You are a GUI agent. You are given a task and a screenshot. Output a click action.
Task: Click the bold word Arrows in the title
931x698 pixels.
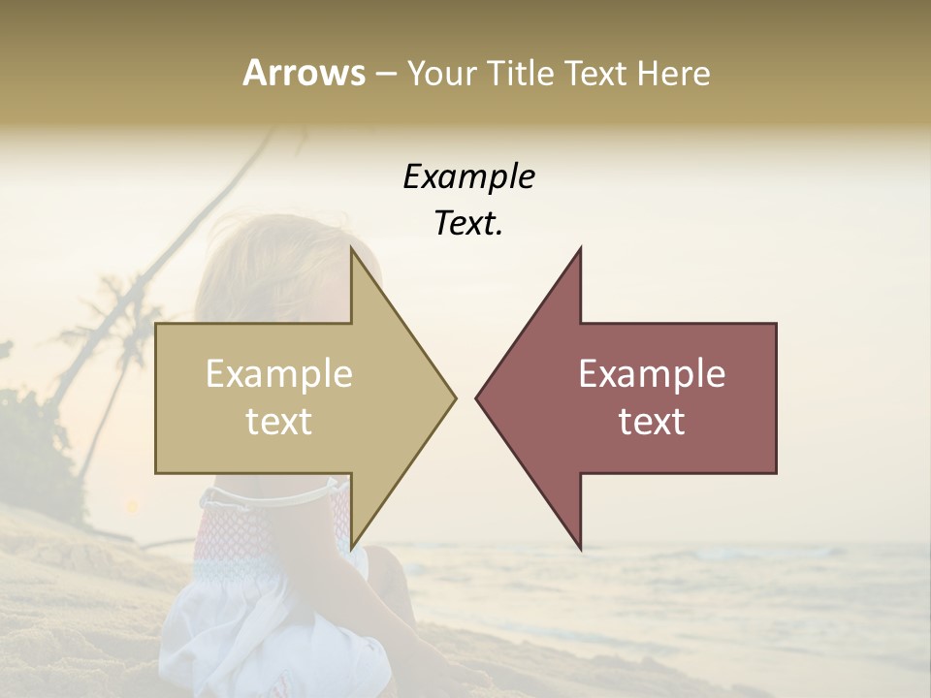click(x=304, y=73)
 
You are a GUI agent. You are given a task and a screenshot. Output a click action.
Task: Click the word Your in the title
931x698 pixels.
click(x=442, y=73)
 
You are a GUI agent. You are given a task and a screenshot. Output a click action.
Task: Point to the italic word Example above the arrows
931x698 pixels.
click(x=468, y=176)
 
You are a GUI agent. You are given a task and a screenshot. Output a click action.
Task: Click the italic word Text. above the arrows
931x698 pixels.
click(x=468, y=223)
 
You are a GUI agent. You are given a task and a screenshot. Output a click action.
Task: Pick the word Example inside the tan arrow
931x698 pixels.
click(x=279, y=374)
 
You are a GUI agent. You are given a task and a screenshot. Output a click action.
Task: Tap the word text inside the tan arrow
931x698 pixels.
click(x=279, y=422)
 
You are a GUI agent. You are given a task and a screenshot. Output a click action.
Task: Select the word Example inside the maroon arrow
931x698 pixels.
click(x=652, y=374)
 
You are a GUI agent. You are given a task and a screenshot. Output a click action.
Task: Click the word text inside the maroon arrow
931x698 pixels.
click(x=652, y=422)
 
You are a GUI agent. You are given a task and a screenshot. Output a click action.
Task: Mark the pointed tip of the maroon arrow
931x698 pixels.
click(x=477, y=397)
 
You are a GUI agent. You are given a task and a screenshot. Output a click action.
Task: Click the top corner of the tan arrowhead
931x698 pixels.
click(x=352, y=249)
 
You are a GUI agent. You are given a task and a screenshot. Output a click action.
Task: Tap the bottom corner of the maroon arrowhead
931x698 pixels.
click(x=580, y=548)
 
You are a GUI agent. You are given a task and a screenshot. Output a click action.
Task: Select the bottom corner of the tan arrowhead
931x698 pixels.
click(x=352, y=548)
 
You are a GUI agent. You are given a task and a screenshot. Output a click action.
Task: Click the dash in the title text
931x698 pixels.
click(x=385, y=75)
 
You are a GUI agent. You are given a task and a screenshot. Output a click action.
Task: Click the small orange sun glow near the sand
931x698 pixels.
click(x=131, y=506)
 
